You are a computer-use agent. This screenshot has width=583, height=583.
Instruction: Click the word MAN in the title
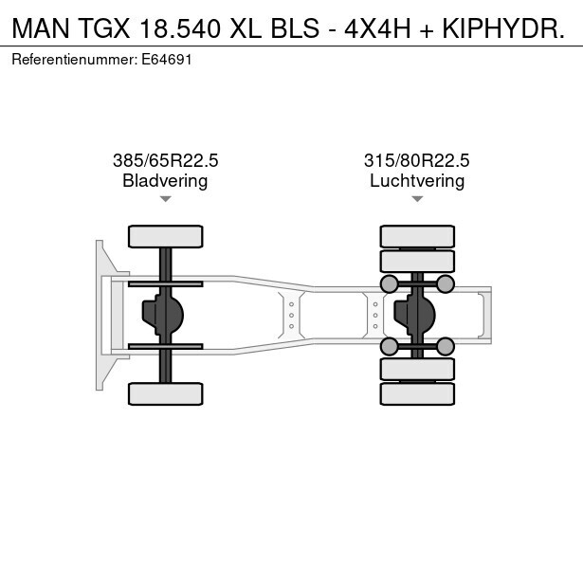coord(41,28)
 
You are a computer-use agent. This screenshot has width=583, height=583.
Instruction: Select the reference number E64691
coord(167,60)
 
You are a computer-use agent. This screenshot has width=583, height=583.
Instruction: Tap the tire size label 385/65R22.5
coord(166,160)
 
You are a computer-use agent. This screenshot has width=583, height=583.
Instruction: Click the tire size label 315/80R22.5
coord(417,160)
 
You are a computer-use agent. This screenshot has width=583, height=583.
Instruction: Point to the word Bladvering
coord(165,181)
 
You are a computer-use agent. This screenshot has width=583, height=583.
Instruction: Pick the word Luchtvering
coord(417,181)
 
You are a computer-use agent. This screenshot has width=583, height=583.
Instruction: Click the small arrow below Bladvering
coord(166,199)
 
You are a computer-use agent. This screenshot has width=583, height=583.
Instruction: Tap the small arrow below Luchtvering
coord(417,199)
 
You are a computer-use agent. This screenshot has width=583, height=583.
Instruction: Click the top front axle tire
coord(166,236)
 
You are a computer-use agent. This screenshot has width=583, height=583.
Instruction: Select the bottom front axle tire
coord(166,393)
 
